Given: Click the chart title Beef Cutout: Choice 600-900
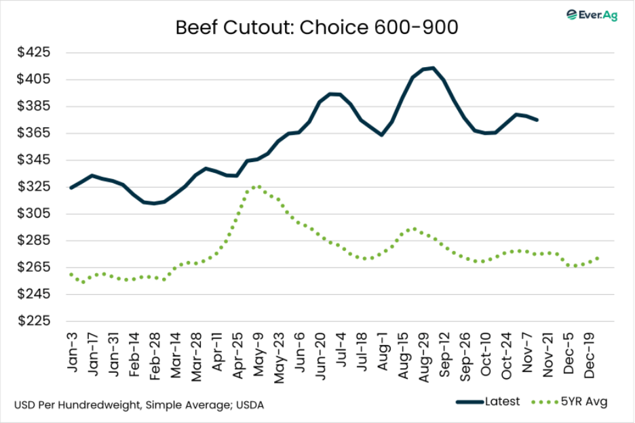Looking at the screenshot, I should [x=317, y=28].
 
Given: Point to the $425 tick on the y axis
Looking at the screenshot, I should [x=35, y=53].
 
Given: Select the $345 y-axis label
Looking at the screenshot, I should [x=35, y=160].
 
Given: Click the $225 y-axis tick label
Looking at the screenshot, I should [x=35, y=321].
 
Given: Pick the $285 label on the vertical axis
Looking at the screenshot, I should [x=35, y=241].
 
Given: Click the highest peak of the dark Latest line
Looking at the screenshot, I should [x=432, y=68].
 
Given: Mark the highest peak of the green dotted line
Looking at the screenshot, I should [x=257, y=186].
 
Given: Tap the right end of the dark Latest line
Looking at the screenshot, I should [x=538, y=120].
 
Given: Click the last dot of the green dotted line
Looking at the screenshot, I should [x=597, y=258].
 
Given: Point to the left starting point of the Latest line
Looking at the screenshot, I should [x=71, y=188].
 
